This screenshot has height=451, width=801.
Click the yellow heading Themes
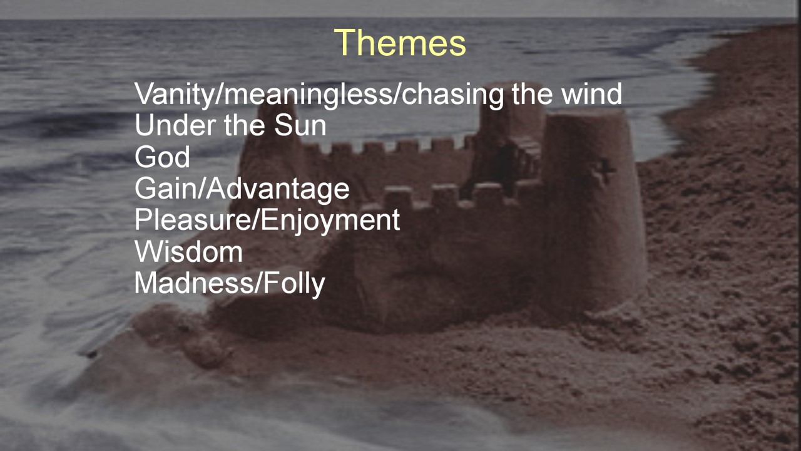coord(400,43)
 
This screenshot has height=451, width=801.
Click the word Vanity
coord(175,95)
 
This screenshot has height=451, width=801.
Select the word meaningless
coord(308,95)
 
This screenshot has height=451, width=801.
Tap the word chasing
coord(452,95)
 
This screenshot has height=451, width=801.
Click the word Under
coord(175,125)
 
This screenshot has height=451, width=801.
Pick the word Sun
coord(300,125)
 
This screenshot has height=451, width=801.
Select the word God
coord(162,157)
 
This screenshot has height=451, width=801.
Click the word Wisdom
coord(189,252)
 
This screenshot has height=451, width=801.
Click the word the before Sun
coord(245,125)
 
